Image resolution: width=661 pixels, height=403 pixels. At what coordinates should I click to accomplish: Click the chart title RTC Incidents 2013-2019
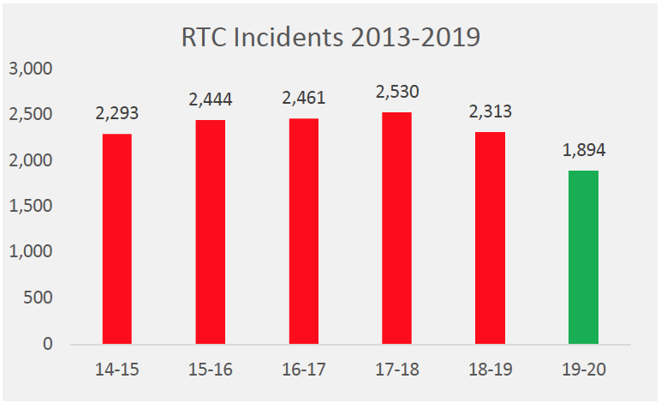coord(330,38)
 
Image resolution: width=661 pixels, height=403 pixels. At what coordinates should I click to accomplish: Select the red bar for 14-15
coord(116,239)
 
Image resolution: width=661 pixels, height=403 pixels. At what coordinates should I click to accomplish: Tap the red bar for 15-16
coord(210,232)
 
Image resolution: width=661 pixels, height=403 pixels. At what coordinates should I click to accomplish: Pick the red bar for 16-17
coord(303,232)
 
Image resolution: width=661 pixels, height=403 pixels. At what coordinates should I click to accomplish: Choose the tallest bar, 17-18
coord(396,228)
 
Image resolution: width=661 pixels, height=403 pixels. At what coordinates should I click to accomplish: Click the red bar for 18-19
coord(490,238)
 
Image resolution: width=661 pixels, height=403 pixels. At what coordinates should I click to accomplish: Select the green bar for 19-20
coord(583,257)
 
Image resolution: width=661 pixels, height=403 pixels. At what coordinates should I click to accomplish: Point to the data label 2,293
coord(116,113)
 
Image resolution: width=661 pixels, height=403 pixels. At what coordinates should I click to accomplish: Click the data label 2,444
coord(210,99)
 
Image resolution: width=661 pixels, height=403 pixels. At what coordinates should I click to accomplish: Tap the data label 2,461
coord(303,98)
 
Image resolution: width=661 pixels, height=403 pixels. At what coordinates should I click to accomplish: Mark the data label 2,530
coord(396,92)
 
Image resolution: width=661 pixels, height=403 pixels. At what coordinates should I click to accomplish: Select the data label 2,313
coord(490,111)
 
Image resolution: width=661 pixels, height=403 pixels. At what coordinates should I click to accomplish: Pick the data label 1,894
coord(583,150)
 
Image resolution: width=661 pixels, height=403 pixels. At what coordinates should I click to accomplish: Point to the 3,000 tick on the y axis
coord(31,69)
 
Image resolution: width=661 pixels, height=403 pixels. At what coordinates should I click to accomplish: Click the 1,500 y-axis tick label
coord(31,207)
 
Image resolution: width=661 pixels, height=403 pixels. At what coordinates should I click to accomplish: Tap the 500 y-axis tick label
coord(38,298)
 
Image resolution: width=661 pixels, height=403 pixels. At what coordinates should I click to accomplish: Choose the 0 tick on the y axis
coord(48,345)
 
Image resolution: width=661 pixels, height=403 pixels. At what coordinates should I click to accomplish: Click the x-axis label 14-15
coord(116,370)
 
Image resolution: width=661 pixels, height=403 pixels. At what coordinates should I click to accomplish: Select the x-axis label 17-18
coord(396,370)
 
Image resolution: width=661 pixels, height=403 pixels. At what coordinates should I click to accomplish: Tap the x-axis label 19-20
coord(583,370)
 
